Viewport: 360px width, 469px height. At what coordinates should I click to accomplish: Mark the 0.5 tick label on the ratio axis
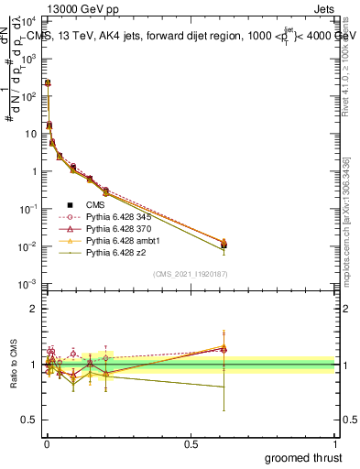click(29, 422)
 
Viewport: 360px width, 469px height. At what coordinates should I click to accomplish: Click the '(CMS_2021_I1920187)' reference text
click(191, 274)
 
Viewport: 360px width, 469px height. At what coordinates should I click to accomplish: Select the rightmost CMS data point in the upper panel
click(223, 245)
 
